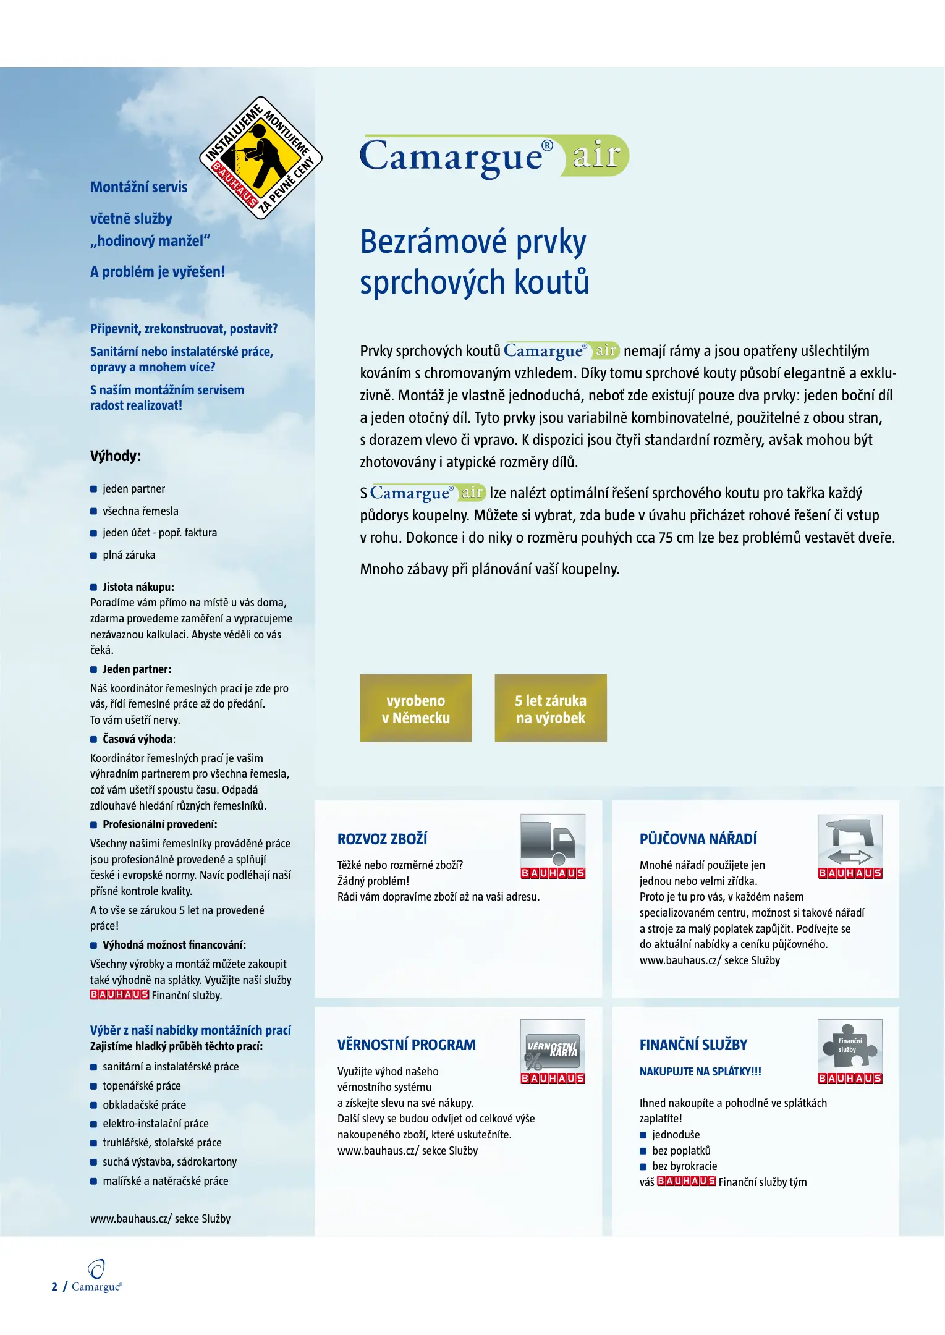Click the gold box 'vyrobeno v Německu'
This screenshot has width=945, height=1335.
[415, 708]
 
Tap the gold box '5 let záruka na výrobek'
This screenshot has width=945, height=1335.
[550, 708]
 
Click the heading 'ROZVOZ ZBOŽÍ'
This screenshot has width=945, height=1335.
[382, 839]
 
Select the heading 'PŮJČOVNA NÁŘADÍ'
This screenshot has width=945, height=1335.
[698, 839]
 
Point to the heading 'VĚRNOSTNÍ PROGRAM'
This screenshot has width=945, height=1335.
[406, 1045]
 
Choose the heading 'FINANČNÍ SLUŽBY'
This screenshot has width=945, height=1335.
[693, 1045]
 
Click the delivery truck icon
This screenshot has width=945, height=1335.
[552, 841]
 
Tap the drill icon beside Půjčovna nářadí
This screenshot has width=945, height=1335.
[849, 841]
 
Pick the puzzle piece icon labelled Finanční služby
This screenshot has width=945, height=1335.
[849, 1046]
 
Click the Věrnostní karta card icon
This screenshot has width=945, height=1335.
[552, 1046]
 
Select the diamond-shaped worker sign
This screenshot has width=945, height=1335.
[260, 158]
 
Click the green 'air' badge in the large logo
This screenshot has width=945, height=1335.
[595, 155]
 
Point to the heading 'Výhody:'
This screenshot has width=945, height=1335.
[116, 456]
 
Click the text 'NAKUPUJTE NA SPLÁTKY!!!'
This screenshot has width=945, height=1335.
[700, 1071]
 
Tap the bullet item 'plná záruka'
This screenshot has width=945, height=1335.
[129, 555]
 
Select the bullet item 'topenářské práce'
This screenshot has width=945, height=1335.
[142, 1085]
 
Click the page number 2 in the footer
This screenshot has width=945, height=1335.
[54, 1287]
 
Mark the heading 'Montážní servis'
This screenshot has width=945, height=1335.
[138, 187]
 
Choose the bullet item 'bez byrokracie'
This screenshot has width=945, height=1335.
[684, 1166]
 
